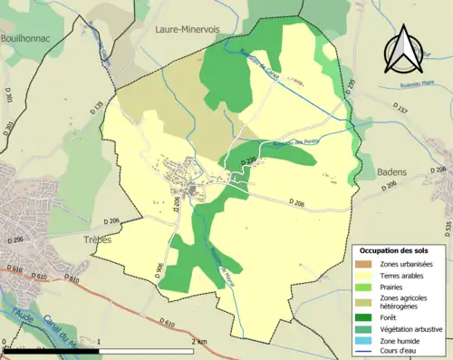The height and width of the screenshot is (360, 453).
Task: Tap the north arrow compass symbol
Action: click(402, 50)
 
